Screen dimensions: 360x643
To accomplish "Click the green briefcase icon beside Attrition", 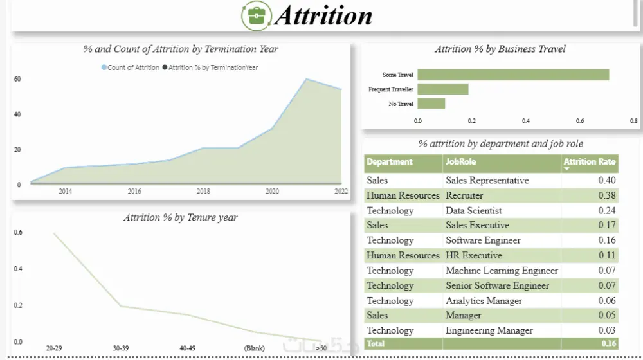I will [x=256, y=16].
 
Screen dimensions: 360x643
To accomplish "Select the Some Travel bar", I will [x=513, y=75].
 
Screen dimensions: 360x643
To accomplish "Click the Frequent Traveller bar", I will [x=442, y=89].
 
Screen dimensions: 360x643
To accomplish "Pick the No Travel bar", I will [x=431, y=104].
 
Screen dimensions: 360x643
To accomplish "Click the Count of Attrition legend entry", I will [x=131, y=67].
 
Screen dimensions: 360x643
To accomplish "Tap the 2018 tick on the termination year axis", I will [x=203, y=191].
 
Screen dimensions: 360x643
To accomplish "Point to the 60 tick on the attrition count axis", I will [x=17, y=79].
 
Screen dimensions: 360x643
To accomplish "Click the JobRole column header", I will [x=461, y=161].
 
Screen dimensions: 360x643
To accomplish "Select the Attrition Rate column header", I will [x=590, y=162].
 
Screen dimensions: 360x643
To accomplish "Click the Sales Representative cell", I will [x=487, y=181].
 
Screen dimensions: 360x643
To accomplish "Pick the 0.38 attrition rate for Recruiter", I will [x=606, y=195].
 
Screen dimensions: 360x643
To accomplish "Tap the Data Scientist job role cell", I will [x=474, y=210].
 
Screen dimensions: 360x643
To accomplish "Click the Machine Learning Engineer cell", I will [x=502, y=271].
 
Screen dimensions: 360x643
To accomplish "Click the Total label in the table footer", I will [x=376, y=344].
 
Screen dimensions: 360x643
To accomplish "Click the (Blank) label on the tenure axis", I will [x=255, y=348].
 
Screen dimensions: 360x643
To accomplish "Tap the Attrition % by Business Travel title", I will [x=500, y=49].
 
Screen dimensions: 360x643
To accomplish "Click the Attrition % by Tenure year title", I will [x=181, y=217].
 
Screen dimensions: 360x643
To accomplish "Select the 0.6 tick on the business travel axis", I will [x=580, y=121].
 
